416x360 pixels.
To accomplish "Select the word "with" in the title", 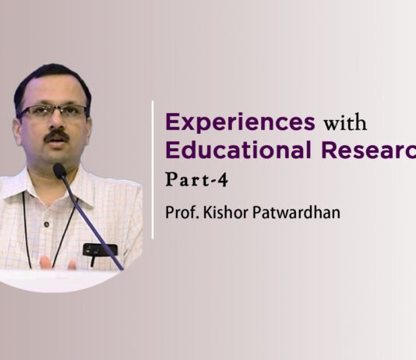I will (343, 123).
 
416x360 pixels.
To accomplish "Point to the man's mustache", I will (55, 136).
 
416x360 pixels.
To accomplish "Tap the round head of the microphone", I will (60, 170).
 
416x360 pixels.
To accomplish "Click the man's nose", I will (54, 123).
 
